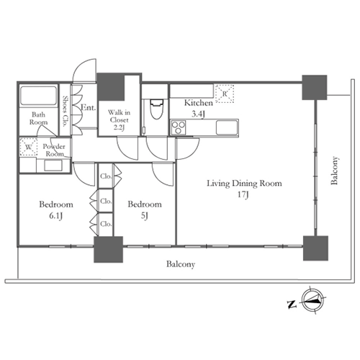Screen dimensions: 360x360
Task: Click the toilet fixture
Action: pos(156,109)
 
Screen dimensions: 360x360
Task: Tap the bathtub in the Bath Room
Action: pos(39,95)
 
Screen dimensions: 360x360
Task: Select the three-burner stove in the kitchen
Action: pos(178,127)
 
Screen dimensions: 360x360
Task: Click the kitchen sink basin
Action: pos(227,127)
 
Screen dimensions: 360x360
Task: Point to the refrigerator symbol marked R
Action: pos(225,94)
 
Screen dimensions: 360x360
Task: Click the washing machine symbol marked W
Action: pos(28,147)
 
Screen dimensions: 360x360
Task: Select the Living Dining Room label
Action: pos(244,184)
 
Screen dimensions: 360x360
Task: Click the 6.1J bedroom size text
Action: pos(56,216)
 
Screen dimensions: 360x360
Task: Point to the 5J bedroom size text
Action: pos(144,216)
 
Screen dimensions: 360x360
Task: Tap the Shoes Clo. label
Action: pos(65,111)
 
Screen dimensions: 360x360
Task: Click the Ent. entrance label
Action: pos(89,107)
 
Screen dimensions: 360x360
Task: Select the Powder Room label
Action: pos(54,150)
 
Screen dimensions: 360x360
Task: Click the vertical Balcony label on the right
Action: pos(334,171)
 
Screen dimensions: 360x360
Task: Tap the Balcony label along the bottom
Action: pos(181,264)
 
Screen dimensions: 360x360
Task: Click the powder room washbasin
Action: pos(53,166)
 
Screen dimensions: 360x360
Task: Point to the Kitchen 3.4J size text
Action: pos(198,114)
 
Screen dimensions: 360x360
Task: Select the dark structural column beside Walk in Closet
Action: pos(111,86)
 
